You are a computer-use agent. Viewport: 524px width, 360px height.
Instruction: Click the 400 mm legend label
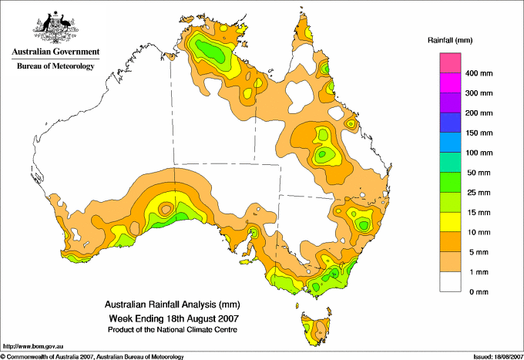tap(479, 73)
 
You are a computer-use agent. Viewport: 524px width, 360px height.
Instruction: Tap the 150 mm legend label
tap(479, 133)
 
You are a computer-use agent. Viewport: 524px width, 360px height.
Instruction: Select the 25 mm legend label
tap(479, 193)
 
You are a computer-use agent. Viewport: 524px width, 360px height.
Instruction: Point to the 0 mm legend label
tap(479, 292)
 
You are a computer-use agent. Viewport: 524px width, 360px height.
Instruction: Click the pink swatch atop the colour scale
tap(450, 63)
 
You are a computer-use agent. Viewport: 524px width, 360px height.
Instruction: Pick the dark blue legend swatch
tap(450, 123)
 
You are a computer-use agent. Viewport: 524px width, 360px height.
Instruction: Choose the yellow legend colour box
tap(450, 222)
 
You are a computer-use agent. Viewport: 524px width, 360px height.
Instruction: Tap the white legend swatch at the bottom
tap(450, 282)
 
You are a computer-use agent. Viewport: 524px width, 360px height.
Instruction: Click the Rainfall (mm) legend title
tap(450, 40)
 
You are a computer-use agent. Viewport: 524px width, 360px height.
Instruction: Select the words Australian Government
tap(55, 52)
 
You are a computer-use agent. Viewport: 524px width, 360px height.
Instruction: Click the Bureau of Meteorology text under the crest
tap(55, 66)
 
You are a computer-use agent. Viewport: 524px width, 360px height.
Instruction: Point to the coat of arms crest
tap(55, 27)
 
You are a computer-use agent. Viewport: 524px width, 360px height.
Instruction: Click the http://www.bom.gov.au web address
tap(33, 347)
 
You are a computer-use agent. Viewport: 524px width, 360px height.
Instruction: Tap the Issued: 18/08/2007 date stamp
tap(498, 357)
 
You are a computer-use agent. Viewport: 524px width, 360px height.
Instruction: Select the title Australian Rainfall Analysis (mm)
tap(172, 304)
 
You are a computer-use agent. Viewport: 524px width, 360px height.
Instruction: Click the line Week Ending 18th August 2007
tap(174, 318)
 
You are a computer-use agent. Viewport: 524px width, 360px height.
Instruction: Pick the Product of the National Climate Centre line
tap(173, 330)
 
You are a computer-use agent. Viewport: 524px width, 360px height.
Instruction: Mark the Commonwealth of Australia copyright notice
tap(92, 357)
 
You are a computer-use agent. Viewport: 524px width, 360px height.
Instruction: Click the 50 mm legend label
tap(479, 173)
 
